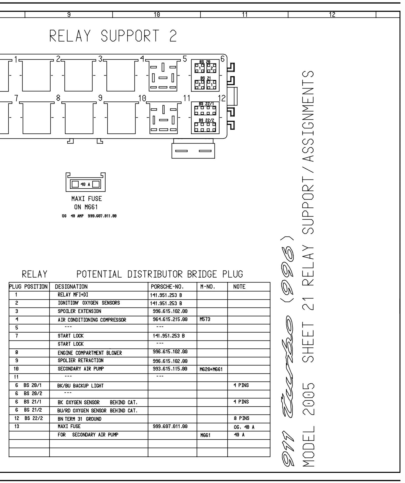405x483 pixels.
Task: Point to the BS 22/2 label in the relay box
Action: click(x=206, y=120)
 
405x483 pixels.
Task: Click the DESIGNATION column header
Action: click(x=71, y=287)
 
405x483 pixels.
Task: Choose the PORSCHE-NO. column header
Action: click(x=167, y=287)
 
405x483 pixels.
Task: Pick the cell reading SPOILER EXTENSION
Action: click(x=79, y=311)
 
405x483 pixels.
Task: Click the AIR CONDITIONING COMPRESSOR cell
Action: click(x=92, y=320)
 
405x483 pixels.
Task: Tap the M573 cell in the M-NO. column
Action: click(x=205, y=319)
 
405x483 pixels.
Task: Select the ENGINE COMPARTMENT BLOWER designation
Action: click(x=90, y=353)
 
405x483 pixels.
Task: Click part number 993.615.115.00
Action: click(x=170, y=369)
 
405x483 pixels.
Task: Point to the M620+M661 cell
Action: click(x=211, y=369)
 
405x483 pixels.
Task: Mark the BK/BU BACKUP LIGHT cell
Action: click(x=81, y=386)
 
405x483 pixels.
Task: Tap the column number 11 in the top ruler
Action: click(x=244, y=15)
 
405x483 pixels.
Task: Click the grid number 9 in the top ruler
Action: click(x=69, y=15)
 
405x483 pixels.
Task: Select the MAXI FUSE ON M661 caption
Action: click(x=86, y=203)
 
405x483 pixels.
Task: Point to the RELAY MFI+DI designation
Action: click(x=73, y=295)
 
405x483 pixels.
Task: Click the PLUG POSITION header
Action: click(x=28, y=287)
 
